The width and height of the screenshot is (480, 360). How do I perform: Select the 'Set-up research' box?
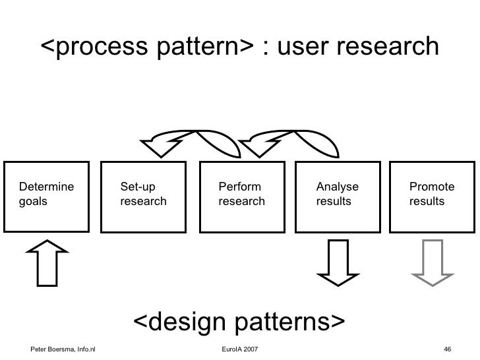(143, 195)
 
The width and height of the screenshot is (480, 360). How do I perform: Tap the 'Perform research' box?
(241, 195)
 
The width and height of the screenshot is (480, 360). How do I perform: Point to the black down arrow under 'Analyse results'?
(337, 263)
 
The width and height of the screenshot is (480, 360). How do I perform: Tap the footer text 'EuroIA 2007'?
(241, 347)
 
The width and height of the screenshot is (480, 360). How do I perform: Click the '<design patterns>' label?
(239, 322)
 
